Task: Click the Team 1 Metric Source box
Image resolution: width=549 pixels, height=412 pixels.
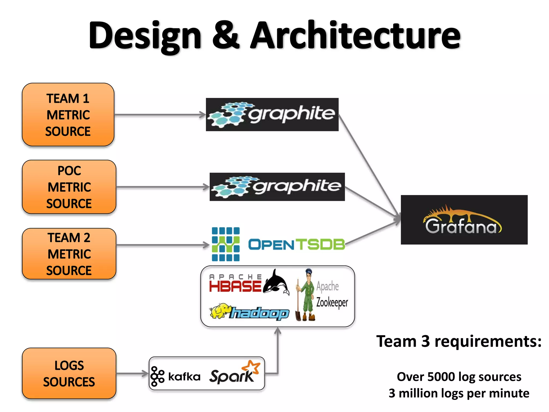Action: coord(68,115)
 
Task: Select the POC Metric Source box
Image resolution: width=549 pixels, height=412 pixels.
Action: coord(69,187)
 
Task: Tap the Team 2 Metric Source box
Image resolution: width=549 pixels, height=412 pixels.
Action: coord(69,254)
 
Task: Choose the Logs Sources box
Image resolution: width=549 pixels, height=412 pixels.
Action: coord(69,373)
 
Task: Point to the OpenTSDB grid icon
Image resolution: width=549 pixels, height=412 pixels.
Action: coord(225,244)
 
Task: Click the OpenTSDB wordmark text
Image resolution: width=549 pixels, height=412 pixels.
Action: coord(296,244)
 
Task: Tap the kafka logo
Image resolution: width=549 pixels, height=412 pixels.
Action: coord(176,376)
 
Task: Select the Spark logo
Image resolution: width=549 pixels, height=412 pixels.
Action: coord(234,373)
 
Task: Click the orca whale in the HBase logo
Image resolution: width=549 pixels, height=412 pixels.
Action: coord(276,283)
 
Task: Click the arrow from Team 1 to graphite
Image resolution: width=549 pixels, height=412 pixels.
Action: coord(160,115)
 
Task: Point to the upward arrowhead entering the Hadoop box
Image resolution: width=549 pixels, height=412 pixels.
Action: coord(278,331)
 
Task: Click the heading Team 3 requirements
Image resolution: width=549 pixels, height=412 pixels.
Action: coord(459,341)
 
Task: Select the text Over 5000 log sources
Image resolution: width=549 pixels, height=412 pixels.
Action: coord(459,377)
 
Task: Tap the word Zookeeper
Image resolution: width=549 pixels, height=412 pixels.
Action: coord(332,303)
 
